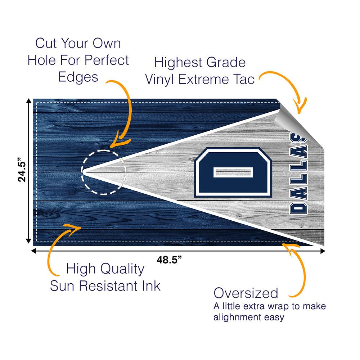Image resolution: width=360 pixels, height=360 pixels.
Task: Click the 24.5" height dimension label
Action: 22,170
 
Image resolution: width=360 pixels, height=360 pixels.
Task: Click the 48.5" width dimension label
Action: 169,260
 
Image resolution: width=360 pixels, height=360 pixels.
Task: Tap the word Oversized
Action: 246,293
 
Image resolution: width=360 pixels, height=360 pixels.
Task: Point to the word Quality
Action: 122,269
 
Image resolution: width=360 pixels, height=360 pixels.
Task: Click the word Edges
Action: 78,77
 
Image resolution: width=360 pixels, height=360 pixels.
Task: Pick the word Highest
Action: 179,62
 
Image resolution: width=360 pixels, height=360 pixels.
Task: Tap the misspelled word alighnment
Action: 237,317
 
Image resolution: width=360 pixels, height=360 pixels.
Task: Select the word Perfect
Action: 107,60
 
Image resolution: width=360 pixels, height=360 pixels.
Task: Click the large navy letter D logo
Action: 233,172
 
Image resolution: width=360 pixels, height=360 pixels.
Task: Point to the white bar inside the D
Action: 233,172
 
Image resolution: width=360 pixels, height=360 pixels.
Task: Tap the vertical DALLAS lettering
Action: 298,174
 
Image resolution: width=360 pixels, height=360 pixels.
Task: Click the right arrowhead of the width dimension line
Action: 323,251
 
